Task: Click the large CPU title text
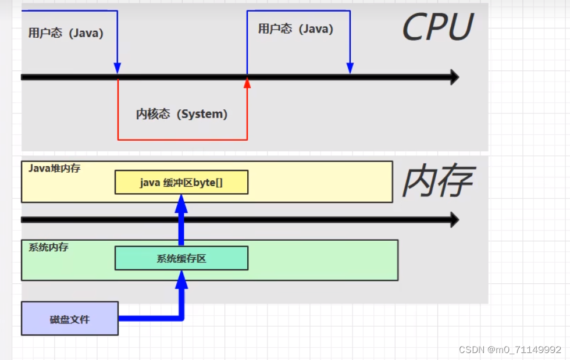click(x=437, y=27)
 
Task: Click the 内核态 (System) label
click(x=181, y=114)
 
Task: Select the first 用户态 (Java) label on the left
click(x=66, y=33)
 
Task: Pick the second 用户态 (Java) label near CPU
click(x=295, y=29)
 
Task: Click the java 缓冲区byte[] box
click(x=181, y=182)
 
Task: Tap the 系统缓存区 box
click(x=181, y=258)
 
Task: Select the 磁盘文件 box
click(x=70, y=319)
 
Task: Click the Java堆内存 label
click(x=54, y=168)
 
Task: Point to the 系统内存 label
click(x=48, y=247)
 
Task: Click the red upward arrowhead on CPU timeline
click(x=247, y=83)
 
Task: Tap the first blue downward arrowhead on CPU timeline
click(x=117, y=68)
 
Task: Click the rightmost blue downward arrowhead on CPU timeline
click(x=350, y=68)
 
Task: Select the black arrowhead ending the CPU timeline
click(x=453, y=77)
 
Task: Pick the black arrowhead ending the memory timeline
click(x=453, y=220)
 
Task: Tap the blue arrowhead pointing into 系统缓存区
click(x=181, y=279)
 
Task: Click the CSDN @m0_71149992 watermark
click(x=510, y=350)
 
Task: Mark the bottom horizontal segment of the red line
click(x=182, y=140)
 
